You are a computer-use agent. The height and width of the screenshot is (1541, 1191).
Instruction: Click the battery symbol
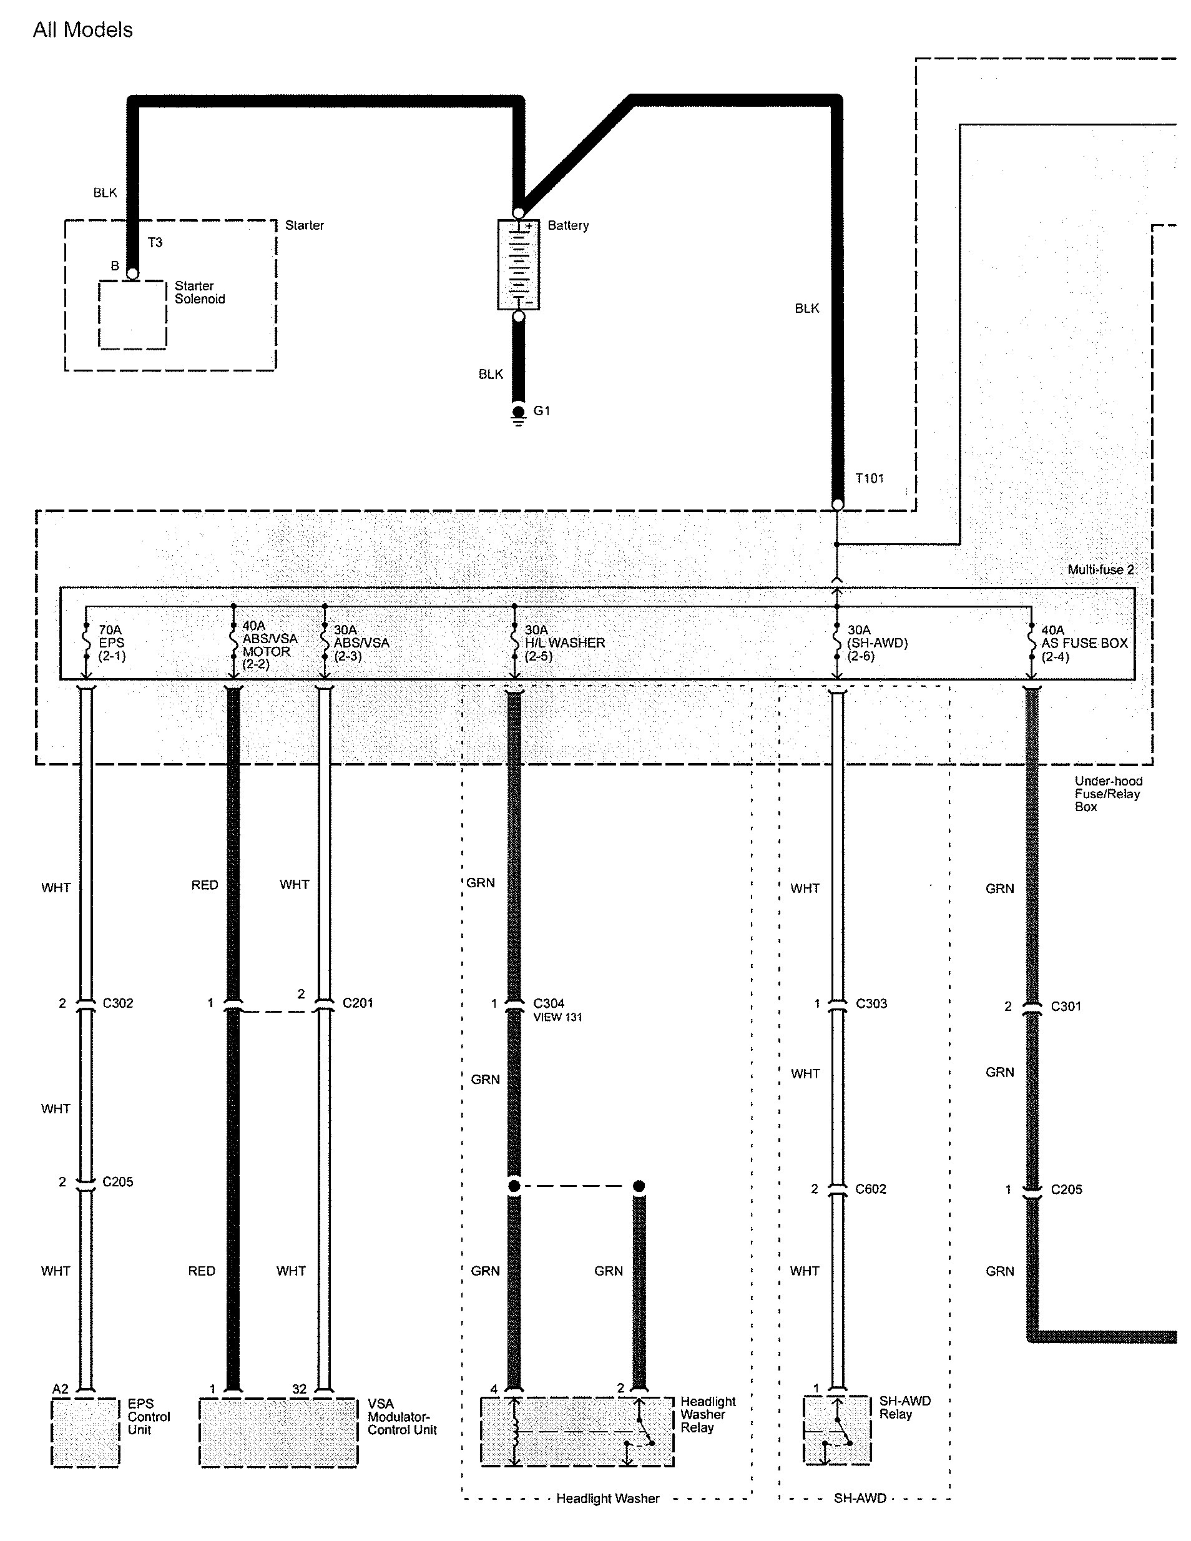click(519, 265)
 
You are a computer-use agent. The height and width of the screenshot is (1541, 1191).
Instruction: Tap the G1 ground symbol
click(519, 416)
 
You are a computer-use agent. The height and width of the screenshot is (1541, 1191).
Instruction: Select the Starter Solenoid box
click(133, 315)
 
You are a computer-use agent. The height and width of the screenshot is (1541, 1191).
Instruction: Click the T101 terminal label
click(870, 478)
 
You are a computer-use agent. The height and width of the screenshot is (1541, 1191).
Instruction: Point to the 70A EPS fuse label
click(112, 642)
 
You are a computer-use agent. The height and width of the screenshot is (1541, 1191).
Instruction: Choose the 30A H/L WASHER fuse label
click(564, 642)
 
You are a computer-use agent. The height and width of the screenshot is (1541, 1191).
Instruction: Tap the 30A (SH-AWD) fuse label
click(877, 642)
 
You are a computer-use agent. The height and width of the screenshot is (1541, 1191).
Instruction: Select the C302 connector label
click(118, 1003)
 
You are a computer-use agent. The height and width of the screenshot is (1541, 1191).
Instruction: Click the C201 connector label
click(358, 1003)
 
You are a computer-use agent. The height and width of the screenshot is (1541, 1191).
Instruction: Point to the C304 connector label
click(549, 1003)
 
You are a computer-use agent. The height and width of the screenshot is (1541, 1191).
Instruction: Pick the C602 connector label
click(871, 1189)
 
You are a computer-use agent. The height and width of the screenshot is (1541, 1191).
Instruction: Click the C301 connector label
click(1066, 1006)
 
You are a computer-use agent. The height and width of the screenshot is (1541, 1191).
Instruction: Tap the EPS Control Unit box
click(86, 1432)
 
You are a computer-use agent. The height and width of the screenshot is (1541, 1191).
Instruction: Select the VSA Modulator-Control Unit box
click(278, 1432)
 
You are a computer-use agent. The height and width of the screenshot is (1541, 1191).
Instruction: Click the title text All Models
click(82, 29)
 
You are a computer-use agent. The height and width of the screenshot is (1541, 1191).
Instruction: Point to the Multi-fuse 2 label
click(1100, 569)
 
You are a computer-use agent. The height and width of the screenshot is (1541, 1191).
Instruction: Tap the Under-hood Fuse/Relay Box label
click(1108, 794)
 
